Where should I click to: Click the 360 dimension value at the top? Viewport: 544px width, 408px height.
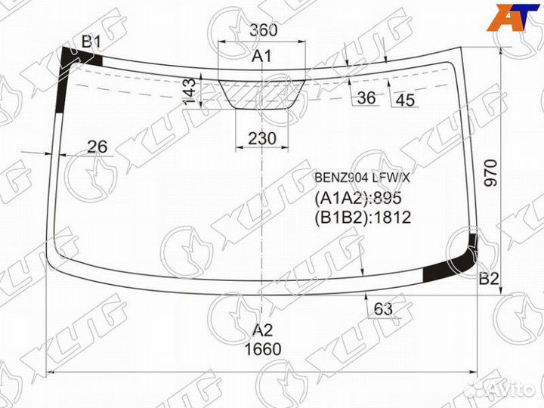264,30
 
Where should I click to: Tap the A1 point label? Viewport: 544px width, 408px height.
262,55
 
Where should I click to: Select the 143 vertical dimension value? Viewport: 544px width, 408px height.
190,92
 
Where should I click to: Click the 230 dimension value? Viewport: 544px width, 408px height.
262,138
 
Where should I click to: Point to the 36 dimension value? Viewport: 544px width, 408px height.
366,97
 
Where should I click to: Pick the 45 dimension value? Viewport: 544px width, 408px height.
405,100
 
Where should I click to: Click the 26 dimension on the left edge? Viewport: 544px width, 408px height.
97,147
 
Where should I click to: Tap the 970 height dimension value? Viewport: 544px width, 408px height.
490,173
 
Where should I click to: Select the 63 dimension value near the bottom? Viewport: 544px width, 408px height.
383,308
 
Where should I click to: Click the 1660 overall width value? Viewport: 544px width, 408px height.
263,349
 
